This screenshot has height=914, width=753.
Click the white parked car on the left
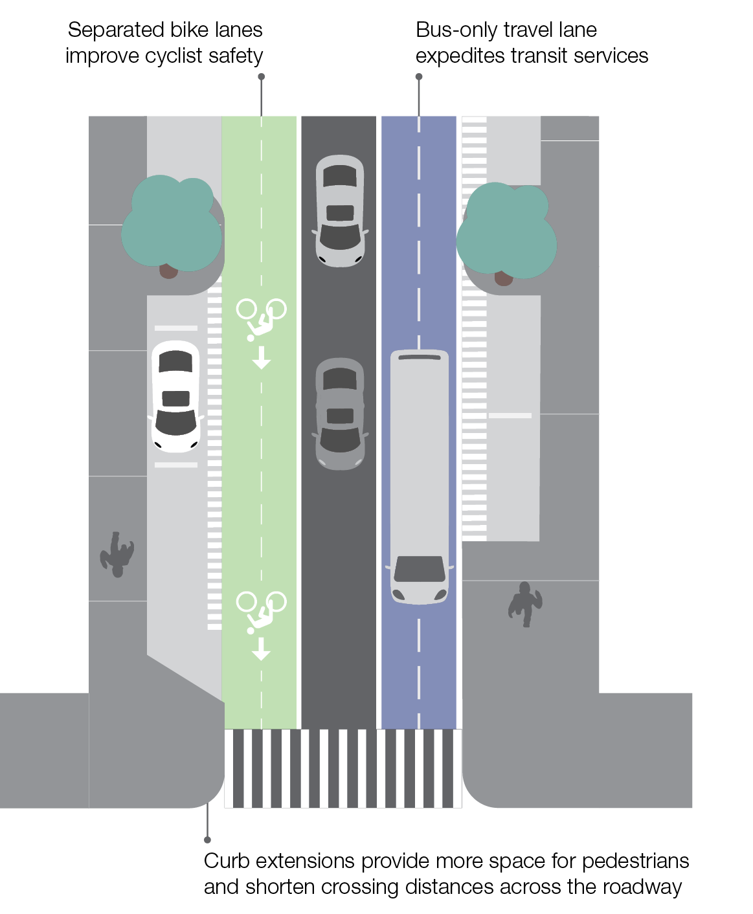click(x=175, y=396)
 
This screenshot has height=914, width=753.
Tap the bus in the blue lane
click(x=420, y=476)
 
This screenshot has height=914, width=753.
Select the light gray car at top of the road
click(x=340, y=210)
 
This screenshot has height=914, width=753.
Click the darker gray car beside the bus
click(x=340, y=413)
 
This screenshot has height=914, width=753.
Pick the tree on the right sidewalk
click(x=506, y=230)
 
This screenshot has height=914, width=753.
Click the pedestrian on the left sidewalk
click(x=117, y=554)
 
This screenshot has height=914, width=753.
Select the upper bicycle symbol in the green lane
click(x=261, y=318)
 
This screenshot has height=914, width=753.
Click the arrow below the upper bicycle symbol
click(x=262, y=357)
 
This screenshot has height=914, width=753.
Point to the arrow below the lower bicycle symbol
click(x=262, y=649)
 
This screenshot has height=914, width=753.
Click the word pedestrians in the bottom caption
click(x=635, y=862)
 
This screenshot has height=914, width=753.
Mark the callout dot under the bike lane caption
click(x=262, y=76)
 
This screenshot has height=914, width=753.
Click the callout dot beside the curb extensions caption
click(x=207, y=840)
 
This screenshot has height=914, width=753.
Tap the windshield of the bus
click(x=420, y=568)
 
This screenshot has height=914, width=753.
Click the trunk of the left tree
click(x=168, y=271)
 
